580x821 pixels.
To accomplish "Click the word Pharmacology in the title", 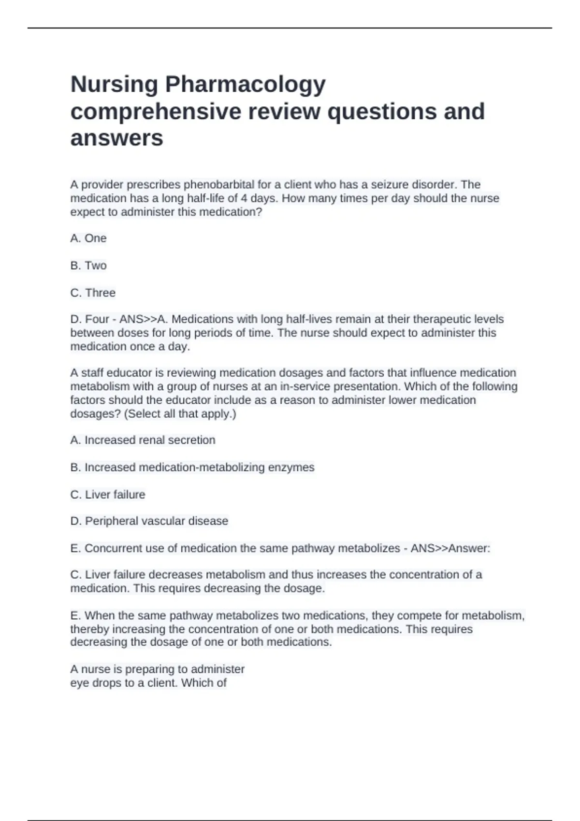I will (x=245, y=85).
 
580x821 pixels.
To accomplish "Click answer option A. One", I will (x=88, y=238).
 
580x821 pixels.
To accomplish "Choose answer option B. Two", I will (x=88, y=266).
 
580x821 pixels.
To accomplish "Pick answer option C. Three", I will (x=93, y=293).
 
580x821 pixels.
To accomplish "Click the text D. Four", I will (x=90, y=319).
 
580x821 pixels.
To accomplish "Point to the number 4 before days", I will (x=244, y=198).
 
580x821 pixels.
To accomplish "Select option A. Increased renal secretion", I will (x=143, y=440).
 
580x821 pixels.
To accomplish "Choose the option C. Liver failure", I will (x=108, y=495).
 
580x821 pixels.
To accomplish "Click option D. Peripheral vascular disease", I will (x=149, y=521).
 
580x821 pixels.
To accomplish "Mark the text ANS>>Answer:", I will (x=450, y=548).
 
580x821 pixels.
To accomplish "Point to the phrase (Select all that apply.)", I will (x=180, y=413).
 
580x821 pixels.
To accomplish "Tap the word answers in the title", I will (x=117, y=138).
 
